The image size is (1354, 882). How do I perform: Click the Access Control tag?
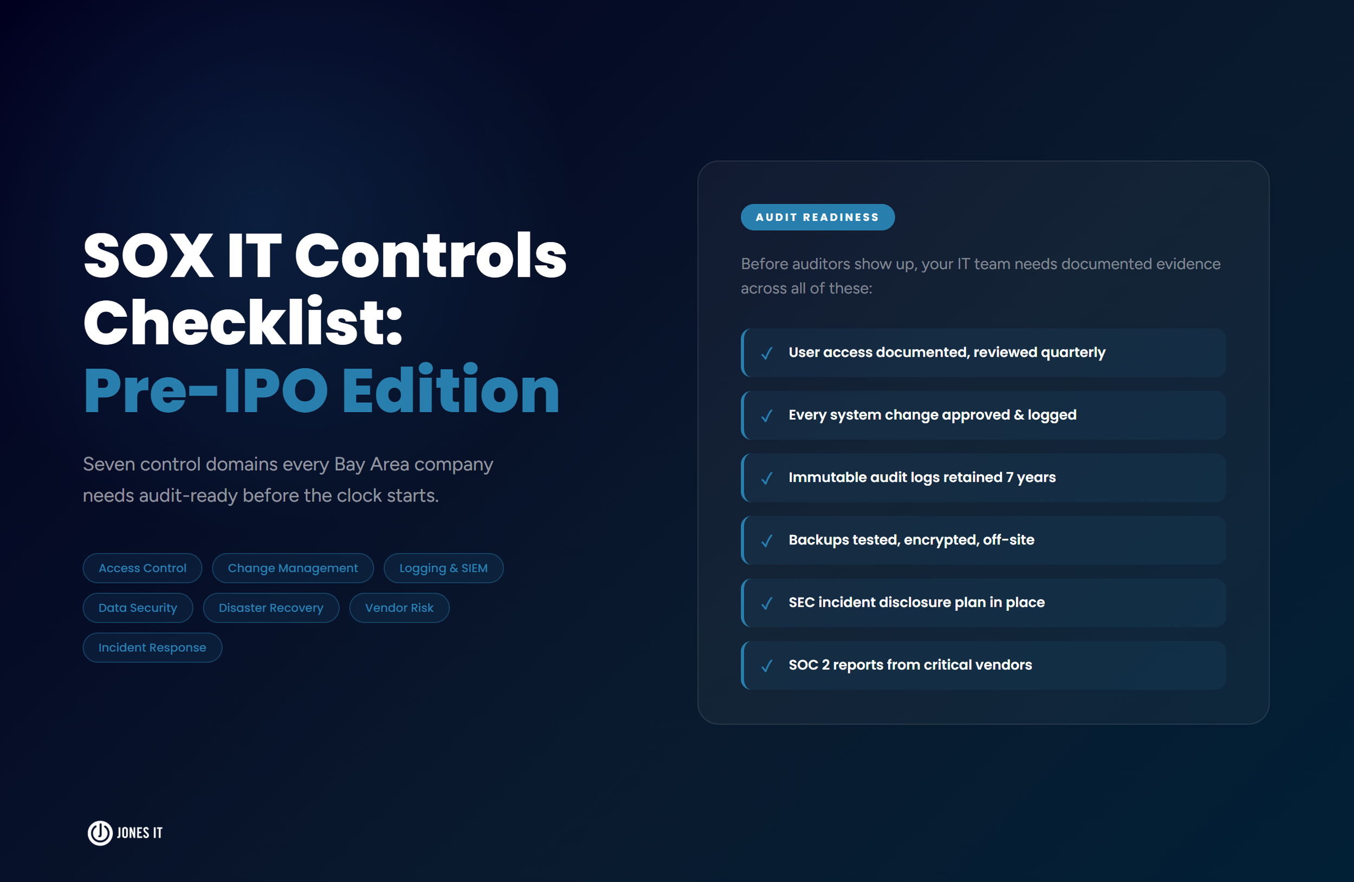(x=142, y=568)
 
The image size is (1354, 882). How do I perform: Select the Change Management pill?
(x=292, y=568)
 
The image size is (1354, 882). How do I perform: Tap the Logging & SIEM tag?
(x=443, y=568)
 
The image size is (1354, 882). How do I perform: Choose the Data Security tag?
(x=138, y=608)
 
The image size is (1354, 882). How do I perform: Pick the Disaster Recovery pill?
(x=271, y=608)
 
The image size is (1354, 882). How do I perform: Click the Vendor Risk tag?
(x=399, y=608)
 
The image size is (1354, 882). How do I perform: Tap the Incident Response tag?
(x=152, y=648)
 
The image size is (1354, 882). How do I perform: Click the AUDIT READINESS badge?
(x=817, y=217)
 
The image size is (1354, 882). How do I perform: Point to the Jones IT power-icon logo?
(x=100, y=833)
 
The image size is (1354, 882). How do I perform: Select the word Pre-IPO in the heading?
(x=205, y=391)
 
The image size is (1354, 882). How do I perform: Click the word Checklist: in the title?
(x=243, y=323)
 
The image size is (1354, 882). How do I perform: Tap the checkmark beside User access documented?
(x=766, y=353)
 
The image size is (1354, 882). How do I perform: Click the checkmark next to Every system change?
(x=766, y=416)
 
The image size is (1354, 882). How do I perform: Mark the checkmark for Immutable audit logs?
(x=766, y=478)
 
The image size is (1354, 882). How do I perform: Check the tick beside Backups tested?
(x=766, y=541)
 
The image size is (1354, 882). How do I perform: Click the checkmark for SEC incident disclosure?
(x=766, y=603)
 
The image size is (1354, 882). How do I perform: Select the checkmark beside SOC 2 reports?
(x=766, y=666)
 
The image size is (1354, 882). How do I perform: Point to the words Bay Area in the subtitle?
(x=372, y=465)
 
